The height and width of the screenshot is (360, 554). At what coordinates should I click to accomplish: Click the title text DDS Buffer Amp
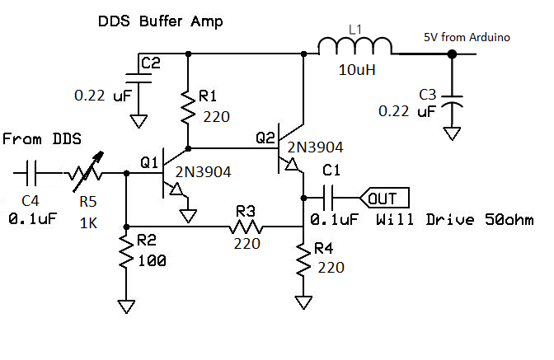(x=158, y=21)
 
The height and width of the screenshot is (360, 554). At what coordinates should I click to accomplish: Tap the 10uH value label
(x=356, y=71)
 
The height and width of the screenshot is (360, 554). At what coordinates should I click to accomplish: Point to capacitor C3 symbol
(x=452, y=101)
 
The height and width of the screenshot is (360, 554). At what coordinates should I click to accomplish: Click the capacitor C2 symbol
(x=138, y=77)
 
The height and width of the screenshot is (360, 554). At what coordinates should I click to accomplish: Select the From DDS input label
(x=41, y=140)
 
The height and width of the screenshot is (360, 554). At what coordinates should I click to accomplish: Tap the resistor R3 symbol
(x=246, y=226)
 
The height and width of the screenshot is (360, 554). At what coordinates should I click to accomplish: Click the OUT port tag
(x=382, y=198)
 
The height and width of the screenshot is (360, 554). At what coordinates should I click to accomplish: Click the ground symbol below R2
(x=125, y=306)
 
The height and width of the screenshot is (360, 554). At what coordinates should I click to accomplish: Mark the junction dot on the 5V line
(x=452, y=54)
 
